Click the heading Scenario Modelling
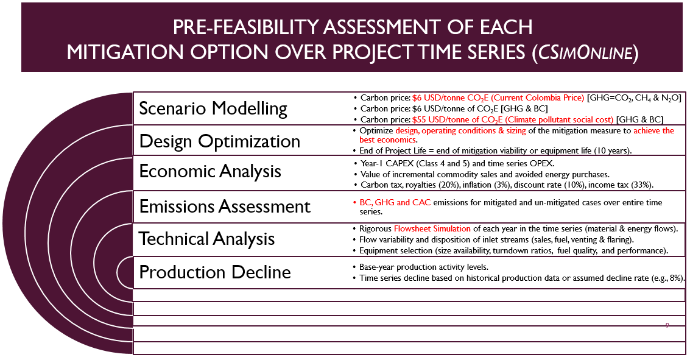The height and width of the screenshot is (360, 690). click(213, 108)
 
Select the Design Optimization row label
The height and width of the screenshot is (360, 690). click(220, 141)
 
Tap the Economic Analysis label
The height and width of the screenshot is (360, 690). click(210, 172)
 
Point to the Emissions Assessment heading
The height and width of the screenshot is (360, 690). click(225, 206)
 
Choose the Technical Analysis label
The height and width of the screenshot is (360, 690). click(207, 239)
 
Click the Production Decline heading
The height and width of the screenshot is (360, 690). click(215, 272)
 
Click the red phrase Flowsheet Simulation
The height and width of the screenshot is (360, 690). click(432, 228)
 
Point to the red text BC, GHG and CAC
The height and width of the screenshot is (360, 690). click(395, 202)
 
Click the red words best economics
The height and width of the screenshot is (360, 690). click(388, 139)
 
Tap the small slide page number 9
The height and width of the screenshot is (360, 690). click(667, 325)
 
